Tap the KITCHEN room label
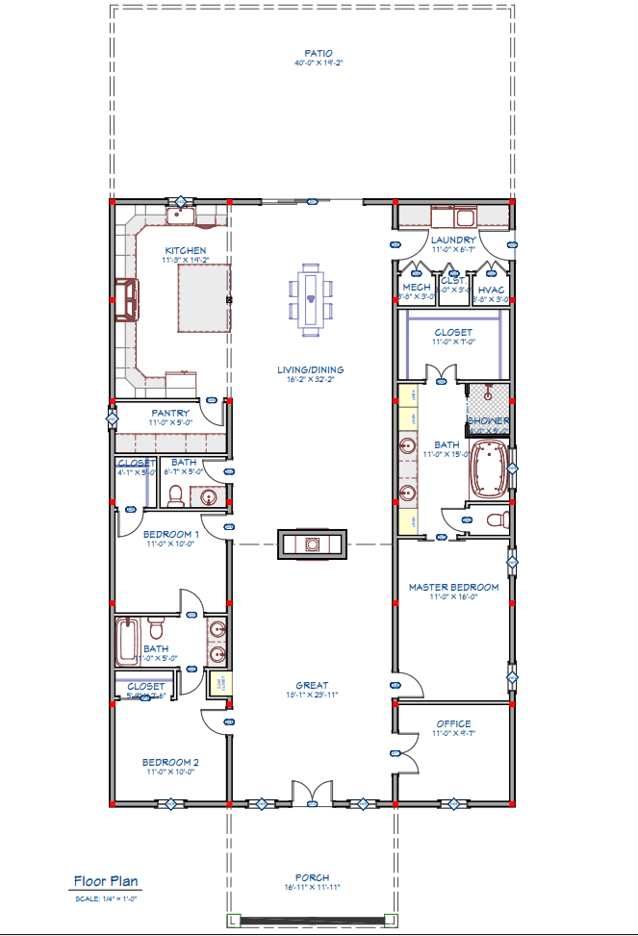pos(184,250)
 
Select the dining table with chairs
pos(312,298)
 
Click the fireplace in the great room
pos(312,544)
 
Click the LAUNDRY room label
pos(453,240)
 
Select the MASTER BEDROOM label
pos(453,587)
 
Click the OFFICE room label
pos(453,723)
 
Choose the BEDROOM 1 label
pos(170,534)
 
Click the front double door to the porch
pos(311,794)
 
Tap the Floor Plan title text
pos(107,881)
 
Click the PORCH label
pos(312,877)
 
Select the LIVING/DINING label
pos(312,369)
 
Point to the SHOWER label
pos(488,421)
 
